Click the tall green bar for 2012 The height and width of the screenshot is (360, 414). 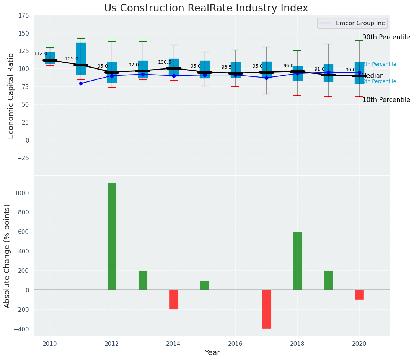click(112, 236)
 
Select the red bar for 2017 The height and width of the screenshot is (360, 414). click(267, 309)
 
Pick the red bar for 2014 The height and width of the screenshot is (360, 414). click(174, 299)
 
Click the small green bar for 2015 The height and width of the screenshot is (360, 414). click(205, 285)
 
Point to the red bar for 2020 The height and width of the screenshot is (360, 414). click(359, 295)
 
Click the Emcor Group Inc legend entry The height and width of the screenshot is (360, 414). click(352, 23)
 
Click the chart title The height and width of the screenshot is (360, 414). click(206, 8)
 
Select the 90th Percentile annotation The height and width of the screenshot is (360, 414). click(386, 37)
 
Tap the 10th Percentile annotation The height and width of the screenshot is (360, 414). click(386, 100)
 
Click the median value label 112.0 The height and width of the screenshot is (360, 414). click(41, 54)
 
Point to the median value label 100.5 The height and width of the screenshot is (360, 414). click(165, 62)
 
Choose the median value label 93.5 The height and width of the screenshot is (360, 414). click(227, 67)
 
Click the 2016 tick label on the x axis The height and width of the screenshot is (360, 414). click(236, 344)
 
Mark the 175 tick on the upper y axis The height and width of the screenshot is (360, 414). click(23, 15)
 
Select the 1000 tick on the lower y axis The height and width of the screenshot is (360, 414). click(21, 193)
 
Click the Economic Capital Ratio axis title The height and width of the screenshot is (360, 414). click(11, 96)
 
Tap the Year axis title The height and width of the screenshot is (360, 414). click(212, 353)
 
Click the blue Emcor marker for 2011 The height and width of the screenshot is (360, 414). click(81, 83)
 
